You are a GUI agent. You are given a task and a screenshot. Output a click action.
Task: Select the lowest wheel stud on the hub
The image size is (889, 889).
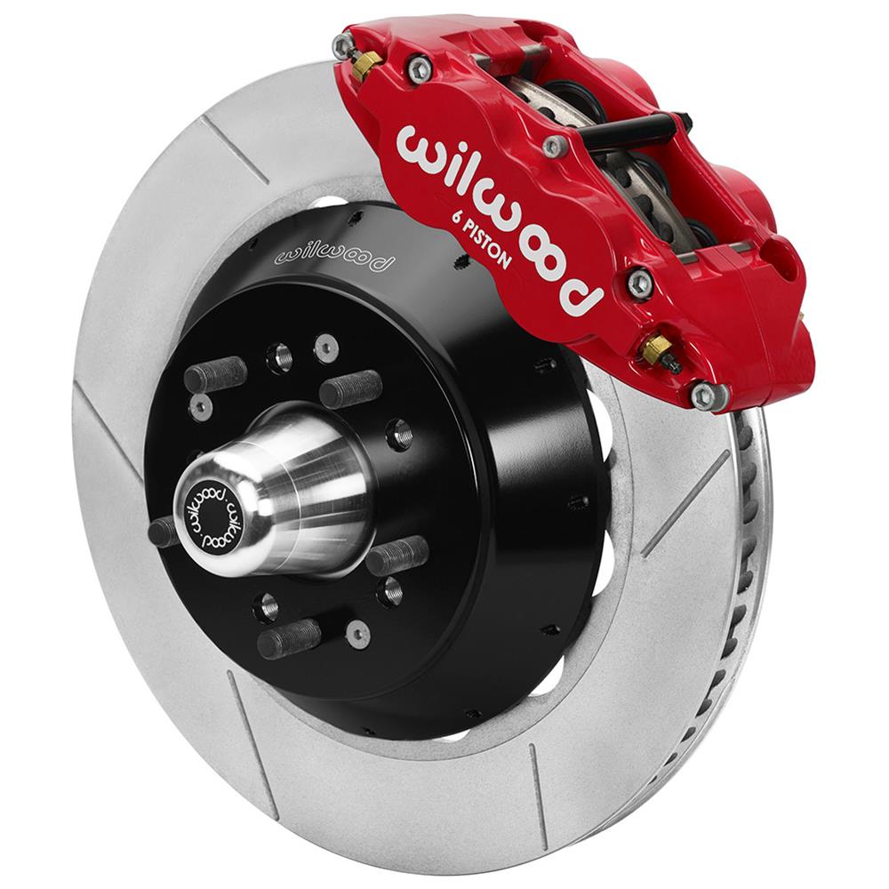289,638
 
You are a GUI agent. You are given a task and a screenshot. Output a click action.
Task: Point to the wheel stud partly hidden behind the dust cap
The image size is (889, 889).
164,532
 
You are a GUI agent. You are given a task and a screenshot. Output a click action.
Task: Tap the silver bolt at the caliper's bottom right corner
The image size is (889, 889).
703,396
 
